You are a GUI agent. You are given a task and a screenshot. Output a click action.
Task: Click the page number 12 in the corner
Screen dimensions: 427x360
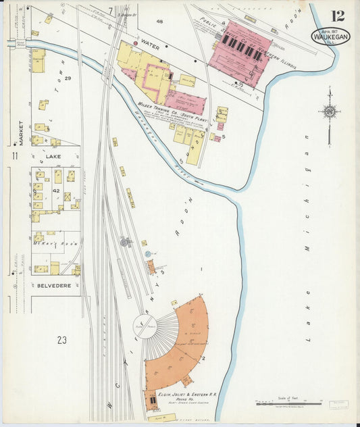pos(338,16)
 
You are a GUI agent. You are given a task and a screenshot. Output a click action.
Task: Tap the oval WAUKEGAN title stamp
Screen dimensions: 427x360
pos(331,36)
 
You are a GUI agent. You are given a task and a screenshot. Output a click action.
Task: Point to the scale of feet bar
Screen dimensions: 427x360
pos(279,403)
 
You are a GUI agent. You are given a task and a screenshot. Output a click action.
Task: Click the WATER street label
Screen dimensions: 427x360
pos(151,47)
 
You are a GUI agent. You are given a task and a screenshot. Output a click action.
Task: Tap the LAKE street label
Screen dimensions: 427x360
pos(54,155)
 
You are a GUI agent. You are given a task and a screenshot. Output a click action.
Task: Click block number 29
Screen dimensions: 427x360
pos(68,78)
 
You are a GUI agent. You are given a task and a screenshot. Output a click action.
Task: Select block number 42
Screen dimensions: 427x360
pos(57,191)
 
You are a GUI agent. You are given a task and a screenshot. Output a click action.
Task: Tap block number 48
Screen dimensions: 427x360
pos(159,22)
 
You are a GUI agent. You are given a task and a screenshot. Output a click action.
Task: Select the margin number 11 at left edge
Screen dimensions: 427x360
pos(14,156)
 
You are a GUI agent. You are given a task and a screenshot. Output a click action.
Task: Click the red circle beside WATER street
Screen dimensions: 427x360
pos(136,44)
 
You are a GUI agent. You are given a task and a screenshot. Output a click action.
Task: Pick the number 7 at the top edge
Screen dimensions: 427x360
pos(110,10)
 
